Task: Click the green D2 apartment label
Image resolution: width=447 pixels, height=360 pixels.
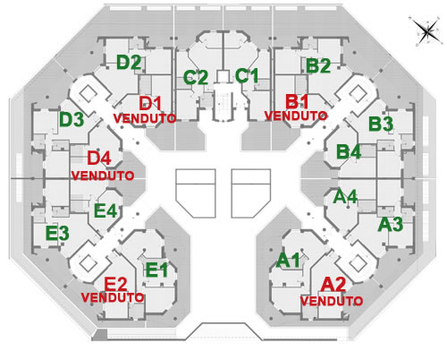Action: [x=129, y=63]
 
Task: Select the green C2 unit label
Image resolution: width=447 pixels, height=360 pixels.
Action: [x=196, y=78]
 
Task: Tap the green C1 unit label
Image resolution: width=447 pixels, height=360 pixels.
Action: [x=247, y=75]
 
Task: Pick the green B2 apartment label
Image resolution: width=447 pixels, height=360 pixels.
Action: [x=318, y=66]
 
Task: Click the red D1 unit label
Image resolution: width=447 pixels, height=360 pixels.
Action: [x=150, y=104]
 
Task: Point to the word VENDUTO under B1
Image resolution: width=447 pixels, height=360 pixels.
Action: [x=296, y=116]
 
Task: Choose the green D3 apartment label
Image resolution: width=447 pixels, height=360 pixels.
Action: [x=72, y=120]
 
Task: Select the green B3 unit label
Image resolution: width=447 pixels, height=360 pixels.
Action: [x=381, y=124]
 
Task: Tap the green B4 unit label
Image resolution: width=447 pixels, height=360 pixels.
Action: [x=349, y=151]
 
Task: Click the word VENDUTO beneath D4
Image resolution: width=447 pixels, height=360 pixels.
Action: [x=103, y=176]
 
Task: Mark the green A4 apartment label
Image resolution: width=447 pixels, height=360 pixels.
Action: [x=345, y=197]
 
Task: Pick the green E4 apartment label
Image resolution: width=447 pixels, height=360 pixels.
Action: [x=105, y=211]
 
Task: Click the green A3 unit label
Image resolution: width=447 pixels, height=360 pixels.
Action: [x=390, y=225]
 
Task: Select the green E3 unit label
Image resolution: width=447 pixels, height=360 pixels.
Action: [x=57, y=233]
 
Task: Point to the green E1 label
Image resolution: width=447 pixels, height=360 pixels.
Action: [x=156, y=270]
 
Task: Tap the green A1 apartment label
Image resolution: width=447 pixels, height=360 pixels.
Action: [x=288, y=260]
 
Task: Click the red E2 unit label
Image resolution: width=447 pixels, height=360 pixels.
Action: [x=115, y=284]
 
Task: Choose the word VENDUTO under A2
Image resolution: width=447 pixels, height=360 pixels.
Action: [x=332, y=301]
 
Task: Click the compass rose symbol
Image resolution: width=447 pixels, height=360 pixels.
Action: [x=426, y=30]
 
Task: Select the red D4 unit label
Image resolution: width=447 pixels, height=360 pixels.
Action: [x=99, y=158]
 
